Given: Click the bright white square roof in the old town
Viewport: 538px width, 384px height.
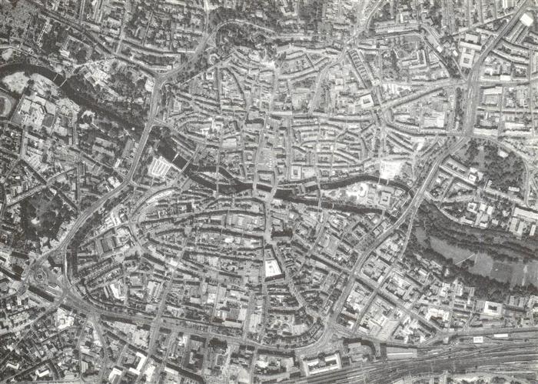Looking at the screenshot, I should (273, 269).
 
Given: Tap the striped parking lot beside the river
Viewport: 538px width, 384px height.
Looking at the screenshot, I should (161, 166).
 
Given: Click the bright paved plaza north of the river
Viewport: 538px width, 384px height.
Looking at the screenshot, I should (391, 169).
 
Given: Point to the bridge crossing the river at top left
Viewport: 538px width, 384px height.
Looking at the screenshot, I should (60, 76).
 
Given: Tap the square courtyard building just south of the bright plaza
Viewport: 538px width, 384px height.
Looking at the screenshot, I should (385, 199).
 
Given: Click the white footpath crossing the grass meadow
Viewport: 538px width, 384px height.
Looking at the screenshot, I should (477, 262).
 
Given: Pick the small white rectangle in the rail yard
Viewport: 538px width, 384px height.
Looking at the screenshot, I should (477, 339).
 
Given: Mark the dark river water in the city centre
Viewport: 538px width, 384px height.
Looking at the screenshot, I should (231, 185).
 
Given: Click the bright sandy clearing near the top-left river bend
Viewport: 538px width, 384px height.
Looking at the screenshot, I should (17, 82).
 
